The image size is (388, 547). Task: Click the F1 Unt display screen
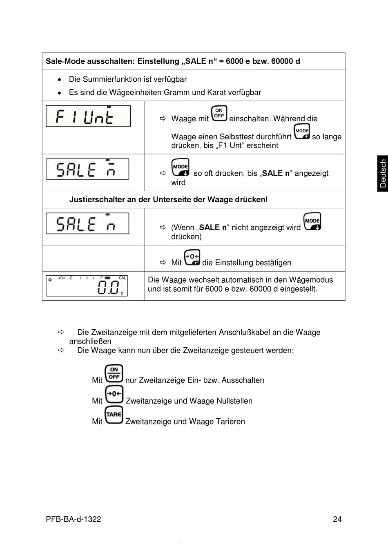point(88,116)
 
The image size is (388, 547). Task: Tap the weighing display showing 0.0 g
point(87,286)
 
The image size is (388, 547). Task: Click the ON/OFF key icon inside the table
point(219,113)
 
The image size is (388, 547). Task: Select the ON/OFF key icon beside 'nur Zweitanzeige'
point(114,373)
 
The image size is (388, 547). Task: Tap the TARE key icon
point(114,415)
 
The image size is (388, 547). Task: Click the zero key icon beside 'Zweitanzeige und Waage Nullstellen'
point(114,394)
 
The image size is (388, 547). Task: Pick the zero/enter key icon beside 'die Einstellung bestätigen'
point(192,257)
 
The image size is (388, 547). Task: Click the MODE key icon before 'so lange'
point(302,132)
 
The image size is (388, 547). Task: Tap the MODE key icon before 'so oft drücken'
point(181,167)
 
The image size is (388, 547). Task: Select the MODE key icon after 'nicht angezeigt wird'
point(312,221)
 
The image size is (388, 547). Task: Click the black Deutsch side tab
point(383,173)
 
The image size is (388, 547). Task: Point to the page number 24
point(337,519)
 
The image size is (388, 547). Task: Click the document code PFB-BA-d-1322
point(74,519)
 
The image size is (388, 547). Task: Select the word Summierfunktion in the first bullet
point(113,79)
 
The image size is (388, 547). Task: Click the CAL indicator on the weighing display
point(123,278)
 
